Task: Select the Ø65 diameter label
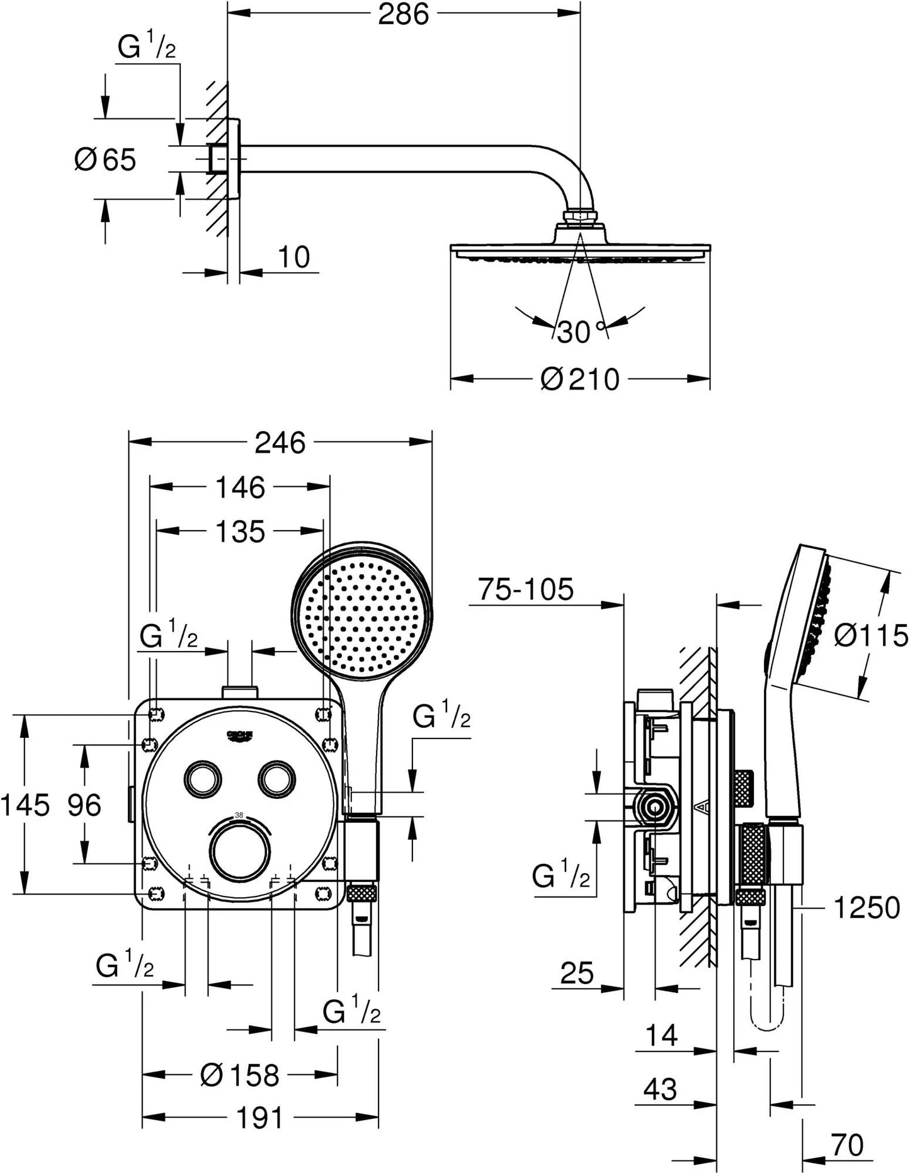click(x=106, y=159)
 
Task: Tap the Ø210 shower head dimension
click(x=580, y=380)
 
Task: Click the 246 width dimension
click(x=280, y=443)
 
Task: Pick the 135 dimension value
click(x=241, y=532)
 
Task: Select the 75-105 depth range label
click(x=526, y=590)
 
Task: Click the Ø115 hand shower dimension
click(x=871, y=635)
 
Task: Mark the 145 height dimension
click(x=25, y=805)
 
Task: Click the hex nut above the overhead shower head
click(x=580, y=217)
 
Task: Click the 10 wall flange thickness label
click(x=293, y=258)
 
